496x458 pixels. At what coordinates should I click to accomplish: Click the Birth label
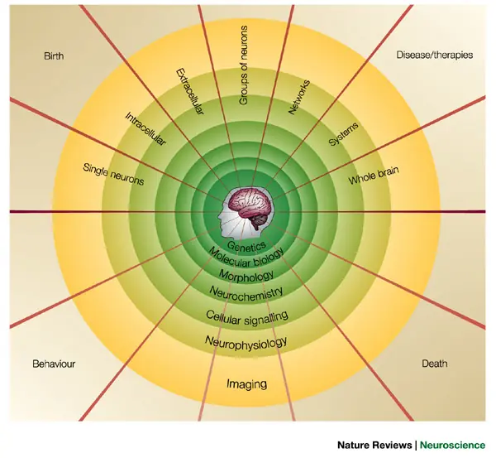[x=54, y=56]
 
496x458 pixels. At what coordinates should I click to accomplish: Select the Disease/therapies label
[x=435, y=55]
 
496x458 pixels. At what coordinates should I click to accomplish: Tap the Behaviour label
[x=54, y=364]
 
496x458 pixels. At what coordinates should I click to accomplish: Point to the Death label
[x=435, y=364]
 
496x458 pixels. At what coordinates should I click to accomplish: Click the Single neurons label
[x=113, y=174]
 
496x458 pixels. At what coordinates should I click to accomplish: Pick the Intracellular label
[x=145, y=129]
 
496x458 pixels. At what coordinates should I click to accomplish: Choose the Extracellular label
[x=190, y=91]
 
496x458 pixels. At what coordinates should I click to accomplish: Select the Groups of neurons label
[x=243, y=65]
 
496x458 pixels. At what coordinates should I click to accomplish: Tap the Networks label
[x=299, y=97]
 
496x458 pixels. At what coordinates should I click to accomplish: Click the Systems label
[x=343, y=134]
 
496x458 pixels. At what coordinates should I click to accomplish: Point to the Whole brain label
[x=374, y=176]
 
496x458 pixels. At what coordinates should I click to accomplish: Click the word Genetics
[x=246, y=246]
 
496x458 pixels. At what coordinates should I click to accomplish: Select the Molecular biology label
[x=246, y=258]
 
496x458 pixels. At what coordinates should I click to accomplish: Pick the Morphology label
[x=246, y=275]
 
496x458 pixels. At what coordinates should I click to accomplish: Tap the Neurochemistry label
[x=246, y=292]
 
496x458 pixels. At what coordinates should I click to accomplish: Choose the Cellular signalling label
[x=246, y=317]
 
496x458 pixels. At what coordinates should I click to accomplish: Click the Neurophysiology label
[x=246, y=342]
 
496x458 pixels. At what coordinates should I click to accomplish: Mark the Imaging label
[x=246, y=384]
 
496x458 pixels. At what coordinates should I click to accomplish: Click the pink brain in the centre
[x=250, y=204]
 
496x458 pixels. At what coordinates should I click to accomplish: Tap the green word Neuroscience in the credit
[x=452, y=445]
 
